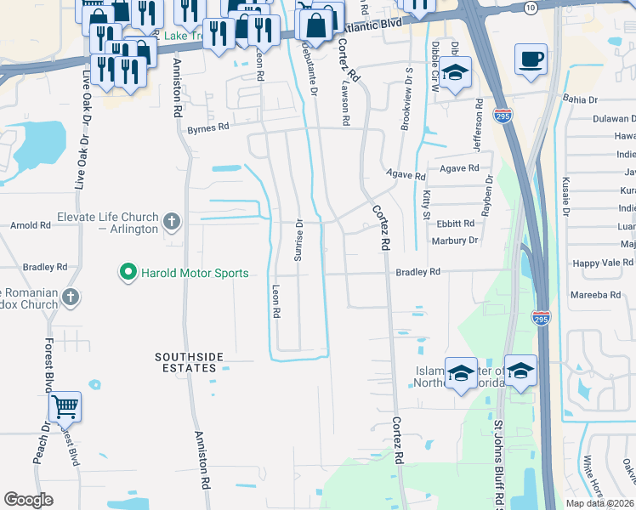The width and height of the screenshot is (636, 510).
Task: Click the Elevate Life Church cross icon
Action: tap(172, 223)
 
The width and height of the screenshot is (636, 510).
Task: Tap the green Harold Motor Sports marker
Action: tap(128, 273)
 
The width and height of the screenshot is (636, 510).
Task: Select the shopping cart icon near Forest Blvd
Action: tap(65, 406)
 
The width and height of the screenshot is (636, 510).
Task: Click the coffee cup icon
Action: tap(531, 59)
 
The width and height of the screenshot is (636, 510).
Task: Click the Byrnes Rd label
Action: tap(208, 127)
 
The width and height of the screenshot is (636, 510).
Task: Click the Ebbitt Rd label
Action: tap(457, 224)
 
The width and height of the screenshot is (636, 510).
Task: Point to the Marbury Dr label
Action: tap(456, 241)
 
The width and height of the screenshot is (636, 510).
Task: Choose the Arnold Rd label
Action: tap(30, 225)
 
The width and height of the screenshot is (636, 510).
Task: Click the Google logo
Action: tap(28, 499)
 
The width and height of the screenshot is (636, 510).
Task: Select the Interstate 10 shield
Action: tap(531, 8)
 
